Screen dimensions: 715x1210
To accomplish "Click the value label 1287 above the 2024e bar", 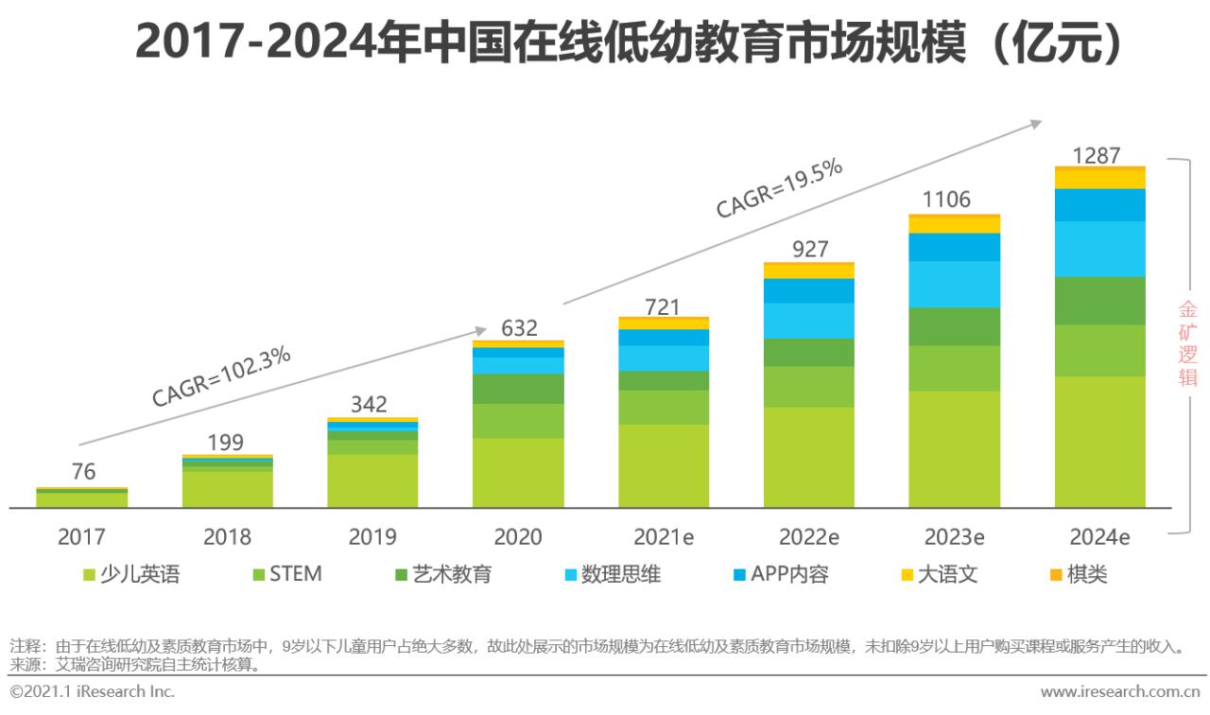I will click(1100, 155).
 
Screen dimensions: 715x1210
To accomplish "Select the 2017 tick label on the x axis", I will click(81, 537).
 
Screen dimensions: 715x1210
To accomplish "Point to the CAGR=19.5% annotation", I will click(779, 189).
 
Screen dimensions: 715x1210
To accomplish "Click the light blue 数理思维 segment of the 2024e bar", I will click(1100, 249).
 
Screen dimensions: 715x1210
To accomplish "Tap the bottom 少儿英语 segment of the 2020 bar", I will click(518, 473).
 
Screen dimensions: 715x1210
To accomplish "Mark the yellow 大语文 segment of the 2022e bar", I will click(809, 271).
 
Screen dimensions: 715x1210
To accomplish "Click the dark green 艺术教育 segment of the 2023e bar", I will click(955, 326).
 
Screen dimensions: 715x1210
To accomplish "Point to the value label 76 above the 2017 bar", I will click(83, 472).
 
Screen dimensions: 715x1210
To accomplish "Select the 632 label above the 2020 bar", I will click(518, 328).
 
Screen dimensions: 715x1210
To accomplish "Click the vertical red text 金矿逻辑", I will click(1187, 343).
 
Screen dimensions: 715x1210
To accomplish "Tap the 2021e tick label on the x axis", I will click(664, 537).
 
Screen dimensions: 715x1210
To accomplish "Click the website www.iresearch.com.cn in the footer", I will click(1121, 691).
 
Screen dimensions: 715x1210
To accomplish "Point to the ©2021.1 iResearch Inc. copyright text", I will click(92, 691).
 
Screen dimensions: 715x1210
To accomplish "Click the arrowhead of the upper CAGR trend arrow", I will click(1037, 122).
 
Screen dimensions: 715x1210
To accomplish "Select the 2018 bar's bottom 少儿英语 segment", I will click(228, 489).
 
